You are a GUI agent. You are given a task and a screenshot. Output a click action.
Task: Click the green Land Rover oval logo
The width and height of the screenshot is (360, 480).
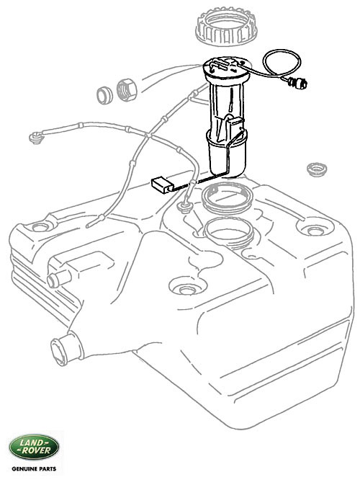click(34, 448)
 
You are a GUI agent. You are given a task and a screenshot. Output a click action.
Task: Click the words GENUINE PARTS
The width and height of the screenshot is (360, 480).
click(34, 468)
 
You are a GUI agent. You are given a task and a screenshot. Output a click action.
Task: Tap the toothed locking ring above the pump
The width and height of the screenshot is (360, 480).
click(227, 25)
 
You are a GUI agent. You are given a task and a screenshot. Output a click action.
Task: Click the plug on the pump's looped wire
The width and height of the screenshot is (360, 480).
click(298, 83)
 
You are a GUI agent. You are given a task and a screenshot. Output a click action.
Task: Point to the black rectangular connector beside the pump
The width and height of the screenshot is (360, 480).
click(163, 185)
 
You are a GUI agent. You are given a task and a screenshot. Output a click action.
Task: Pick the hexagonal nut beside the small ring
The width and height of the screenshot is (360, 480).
click(127, 90)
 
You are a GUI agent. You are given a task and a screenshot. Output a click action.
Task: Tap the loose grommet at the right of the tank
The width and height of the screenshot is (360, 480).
click(317, 169)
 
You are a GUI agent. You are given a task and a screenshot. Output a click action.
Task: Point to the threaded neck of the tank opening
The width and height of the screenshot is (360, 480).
click(228, 233)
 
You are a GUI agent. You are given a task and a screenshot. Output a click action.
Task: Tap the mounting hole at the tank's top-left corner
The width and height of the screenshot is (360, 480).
click(40, 227)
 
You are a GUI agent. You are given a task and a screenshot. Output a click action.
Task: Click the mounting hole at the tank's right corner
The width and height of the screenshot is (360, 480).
click(315, 231)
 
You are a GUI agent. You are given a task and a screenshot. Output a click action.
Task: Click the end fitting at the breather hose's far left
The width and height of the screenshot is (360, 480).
click(36, 138)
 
